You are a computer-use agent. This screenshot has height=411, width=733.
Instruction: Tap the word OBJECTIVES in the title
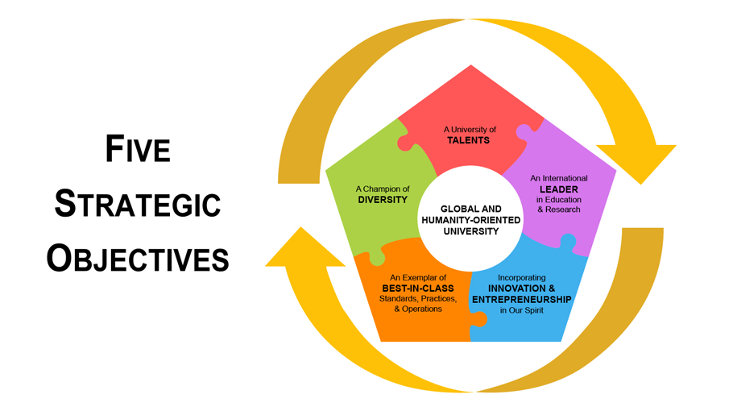(137, 258)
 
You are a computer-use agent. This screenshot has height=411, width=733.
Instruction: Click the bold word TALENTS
(469, 140)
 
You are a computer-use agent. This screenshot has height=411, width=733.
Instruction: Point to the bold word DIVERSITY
(383, 200)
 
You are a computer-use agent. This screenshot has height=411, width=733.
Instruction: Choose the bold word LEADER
(558, 189)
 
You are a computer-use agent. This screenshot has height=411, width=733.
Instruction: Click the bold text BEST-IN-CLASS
(417, 288)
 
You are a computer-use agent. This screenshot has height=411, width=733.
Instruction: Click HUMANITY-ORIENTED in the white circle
(470, 220)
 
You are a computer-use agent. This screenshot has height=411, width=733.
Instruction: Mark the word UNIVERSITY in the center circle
(470, 231)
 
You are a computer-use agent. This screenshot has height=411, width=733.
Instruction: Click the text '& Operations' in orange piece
(417, 309)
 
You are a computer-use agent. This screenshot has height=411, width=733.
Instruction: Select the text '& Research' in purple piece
(558, 210)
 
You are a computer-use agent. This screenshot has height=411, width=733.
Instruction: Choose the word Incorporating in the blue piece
(522, 278)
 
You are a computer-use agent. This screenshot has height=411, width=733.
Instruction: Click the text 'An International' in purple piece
(558, 178)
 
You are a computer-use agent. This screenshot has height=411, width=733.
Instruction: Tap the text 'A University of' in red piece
(470, 129)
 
